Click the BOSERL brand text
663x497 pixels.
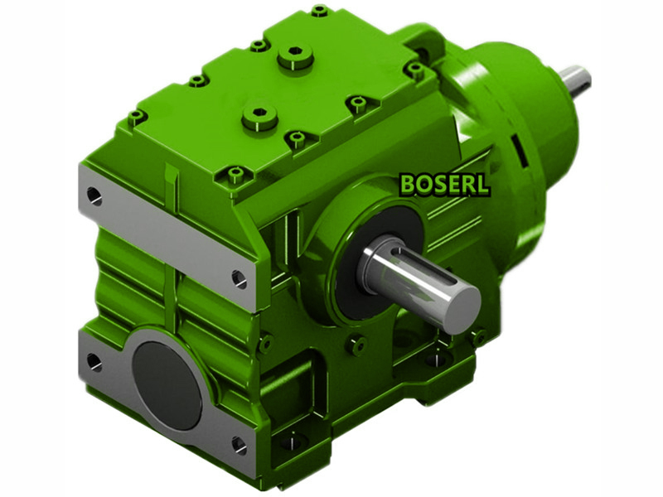click(444, 184)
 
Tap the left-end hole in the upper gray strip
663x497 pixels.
click(94, 195)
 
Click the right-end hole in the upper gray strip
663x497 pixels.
click(240, 279)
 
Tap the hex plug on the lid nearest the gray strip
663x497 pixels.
click(259, 116)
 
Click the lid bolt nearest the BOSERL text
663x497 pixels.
click(358, 104)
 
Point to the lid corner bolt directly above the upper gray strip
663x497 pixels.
click(136, 117)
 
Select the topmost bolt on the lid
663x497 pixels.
click(320, 12)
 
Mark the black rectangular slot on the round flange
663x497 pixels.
click(520, 149)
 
